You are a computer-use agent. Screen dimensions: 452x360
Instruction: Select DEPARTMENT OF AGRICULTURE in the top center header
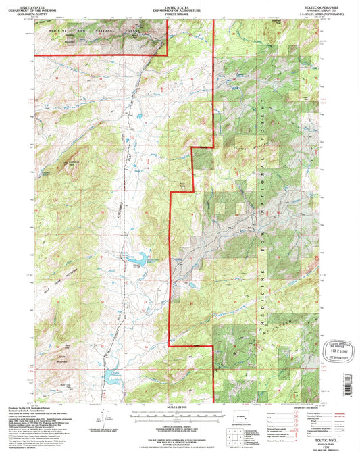(x=179, y=7)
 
